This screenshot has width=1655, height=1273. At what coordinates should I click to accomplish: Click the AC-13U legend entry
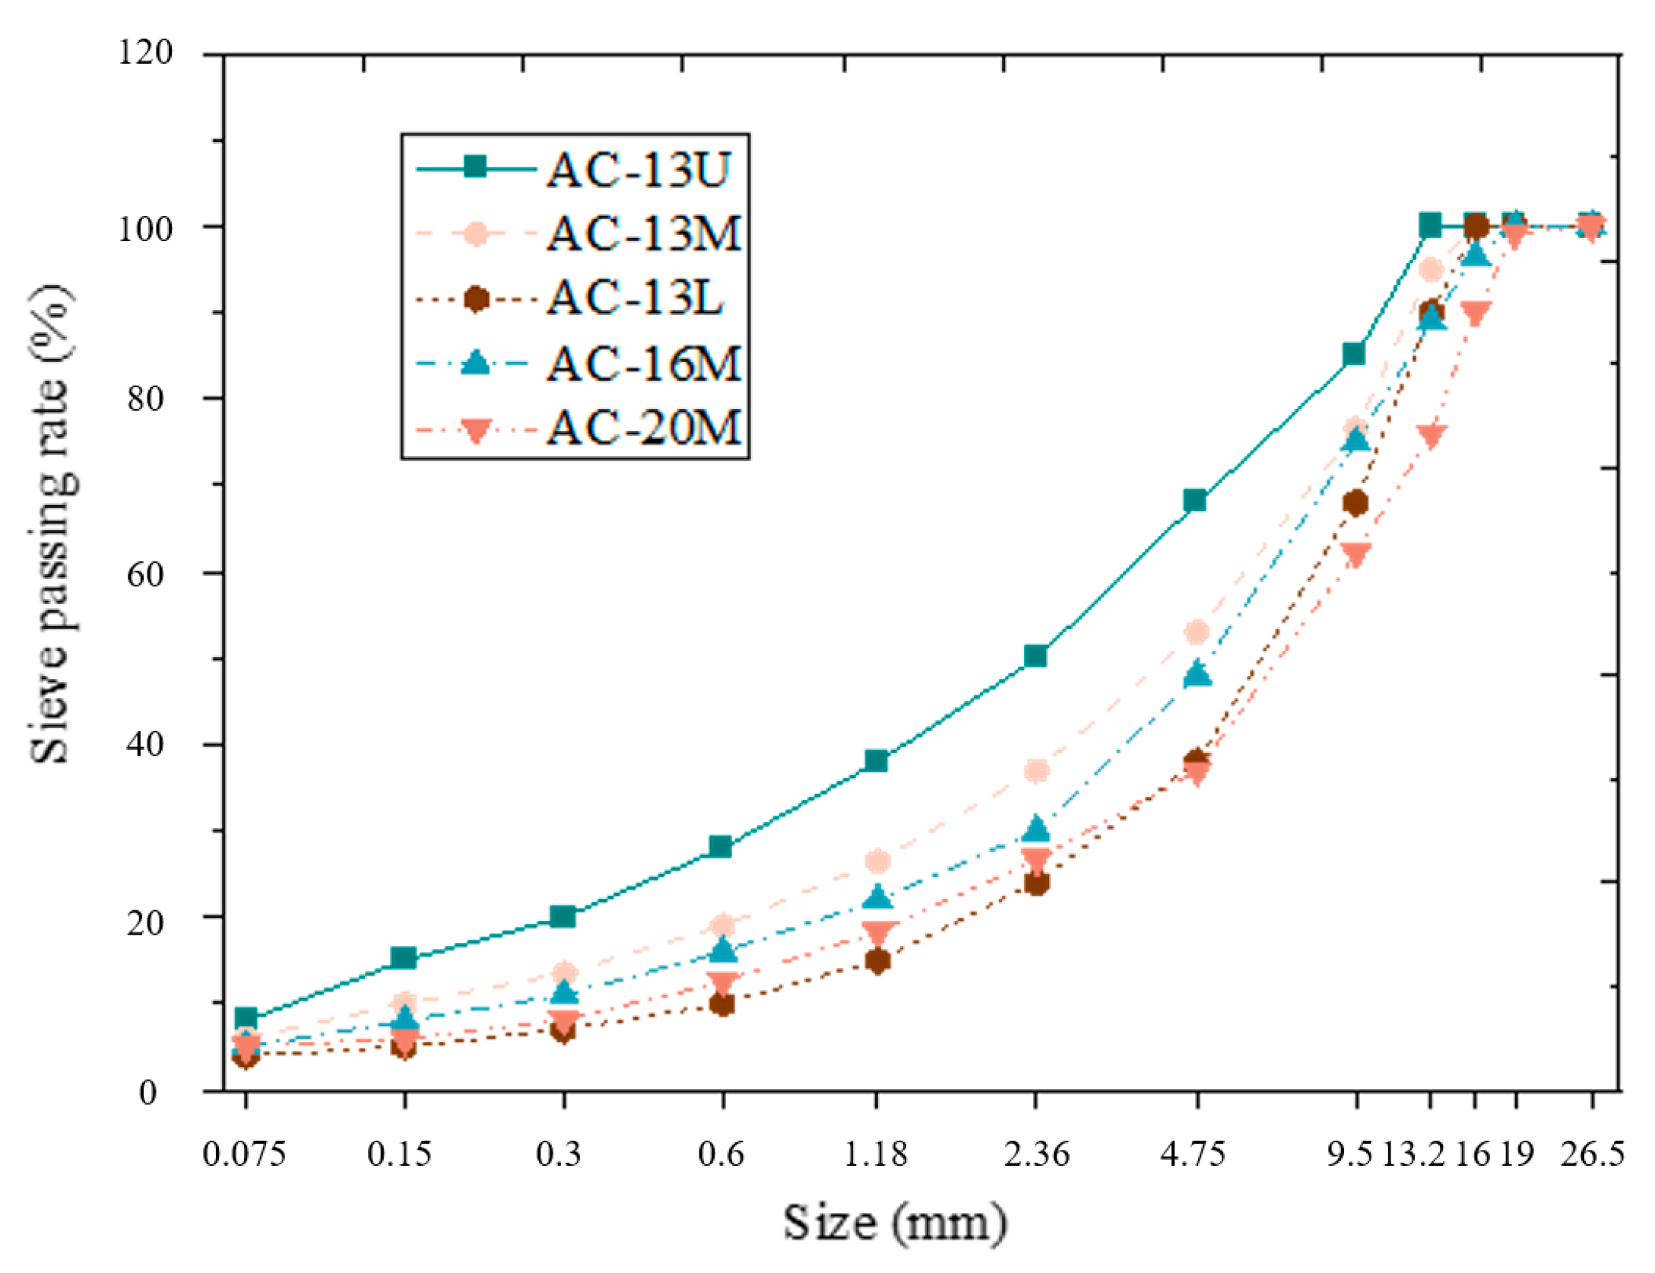coord(638,170)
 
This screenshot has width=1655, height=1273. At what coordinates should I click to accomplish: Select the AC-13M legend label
coord(643,233)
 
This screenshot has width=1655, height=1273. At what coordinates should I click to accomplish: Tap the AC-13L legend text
coord(634,297)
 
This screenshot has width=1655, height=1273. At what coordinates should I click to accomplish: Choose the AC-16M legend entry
coord(643,363)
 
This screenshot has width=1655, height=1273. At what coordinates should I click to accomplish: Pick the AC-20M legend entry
coord(643,427)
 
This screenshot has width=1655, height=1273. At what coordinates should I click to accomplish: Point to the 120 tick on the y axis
coord(145,53)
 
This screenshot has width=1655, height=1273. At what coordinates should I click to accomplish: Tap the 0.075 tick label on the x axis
coord(244,1154)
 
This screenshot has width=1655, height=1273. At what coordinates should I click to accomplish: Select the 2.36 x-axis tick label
coord(1035,1154)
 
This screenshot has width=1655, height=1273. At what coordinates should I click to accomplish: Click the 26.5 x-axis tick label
coord(1592,1154)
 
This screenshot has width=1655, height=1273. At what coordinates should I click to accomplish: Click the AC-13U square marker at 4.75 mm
coord(1194,500)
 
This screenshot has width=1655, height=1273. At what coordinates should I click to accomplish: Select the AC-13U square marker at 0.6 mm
coord(720,846)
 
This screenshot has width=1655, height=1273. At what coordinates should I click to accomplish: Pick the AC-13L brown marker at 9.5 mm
coord(1355,503)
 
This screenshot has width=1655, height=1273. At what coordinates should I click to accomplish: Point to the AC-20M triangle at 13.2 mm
coord(1431,436)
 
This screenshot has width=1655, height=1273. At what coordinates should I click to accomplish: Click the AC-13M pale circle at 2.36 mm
coord(1036,770)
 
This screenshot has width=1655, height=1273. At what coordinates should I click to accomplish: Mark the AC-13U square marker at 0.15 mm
coord(404,957)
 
